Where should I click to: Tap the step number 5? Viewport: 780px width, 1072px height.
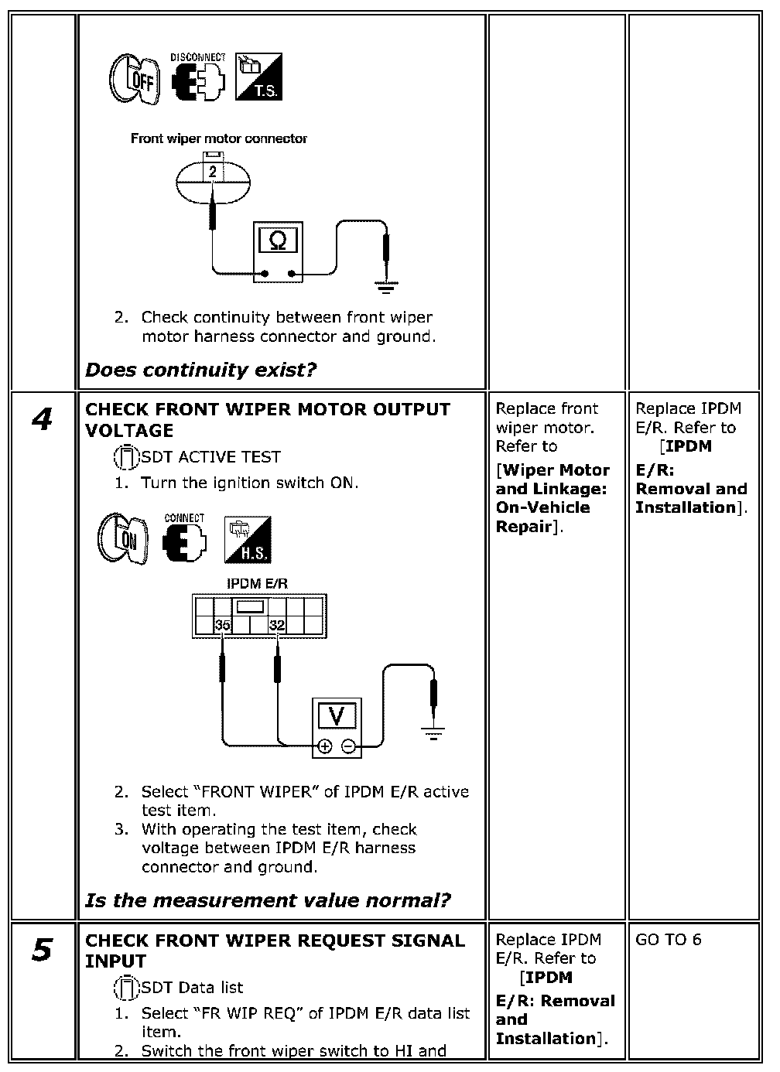pos(43,950)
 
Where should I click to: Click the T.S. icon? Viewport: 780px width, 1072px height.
pos(258,77)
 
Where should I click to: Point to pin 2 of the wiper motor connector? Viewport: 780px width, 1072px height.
pos(213,172)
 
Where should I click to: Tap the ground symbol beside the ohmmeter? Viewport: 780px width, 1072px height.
pos(386,288)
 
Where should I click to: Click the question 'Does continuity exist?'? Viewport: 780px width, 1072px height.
pos(200,370)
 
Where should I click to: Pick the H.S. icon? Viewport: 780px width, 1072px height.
pos(248,539)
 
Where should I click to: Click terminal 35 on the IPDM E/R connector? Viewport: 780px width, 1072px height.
pos(222,625)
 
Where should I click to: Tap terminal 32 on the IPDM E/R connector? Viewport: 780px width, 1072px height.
pos(276,625)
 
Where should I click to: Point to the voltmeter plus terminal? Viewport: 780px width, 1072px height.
pos(325,746)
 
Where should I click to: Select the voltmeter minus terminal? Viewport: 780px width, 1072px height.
pos(349,746)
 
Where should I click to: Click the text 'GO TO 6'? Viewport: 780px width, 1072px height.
pos(669,940)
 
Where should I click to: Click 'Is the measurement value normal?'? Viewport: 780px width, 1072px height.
pos(268,900)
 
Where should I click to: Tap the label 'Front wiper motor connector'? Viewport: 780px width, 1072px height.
pos(219,139)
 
